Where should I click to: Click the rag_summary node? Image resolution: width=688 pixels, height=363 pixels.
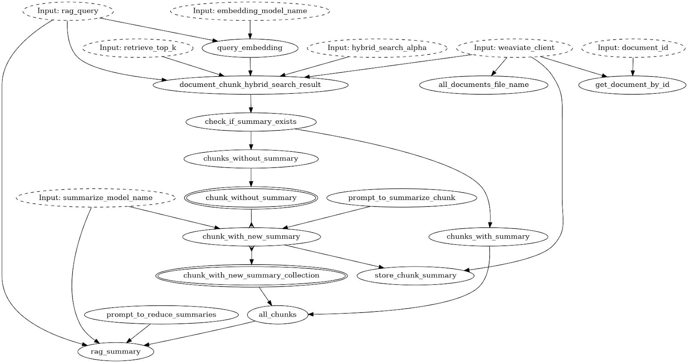tap(115, 351)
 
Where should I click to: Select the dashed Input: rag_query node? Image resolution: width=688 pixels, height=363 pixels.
tap(68, 11)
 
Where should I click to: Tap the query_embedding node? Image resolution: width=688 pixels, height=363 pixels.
tap(249, 48)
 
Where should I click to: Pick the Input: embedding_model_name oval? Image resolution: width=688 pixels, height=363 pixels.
tap(250, 11)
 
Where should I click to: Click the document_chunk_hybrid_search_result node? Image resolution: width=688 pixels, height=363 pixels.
tap(250, 85)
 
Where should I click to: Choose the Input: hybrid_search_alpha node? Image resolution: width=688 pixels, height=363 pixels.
tap(377, 48)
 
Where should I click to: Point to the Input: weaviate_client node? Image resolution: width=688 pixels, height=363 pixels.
tap(514, 48)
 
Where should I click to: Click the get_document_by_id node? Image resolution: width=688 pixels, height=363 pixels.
tap(632, 85)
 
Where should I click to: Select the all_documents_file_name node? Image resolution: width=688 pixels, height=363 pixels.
tap(483, 85)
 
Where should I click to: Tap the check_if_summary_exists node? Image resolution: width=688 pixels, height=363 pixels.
tap(251, 122)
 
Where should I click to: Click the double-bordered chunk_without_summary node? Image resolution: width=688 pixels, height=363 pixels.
tap(251, 198)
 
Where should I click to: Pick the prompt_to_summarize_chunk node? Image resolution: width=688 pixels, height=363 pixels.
tap(401, 198)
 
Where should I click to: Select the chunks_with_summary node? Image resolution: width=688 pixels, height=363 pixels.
tap(488, 237)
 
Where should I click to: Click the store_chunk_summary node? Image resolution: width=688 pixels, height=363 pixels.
tap(415, 275)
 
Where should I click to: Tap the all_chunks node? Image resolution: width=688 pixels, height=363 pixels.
tap(277, 315)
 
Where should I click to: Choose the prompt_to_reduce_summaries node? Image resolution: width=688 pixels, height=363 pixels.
tap(161, 315)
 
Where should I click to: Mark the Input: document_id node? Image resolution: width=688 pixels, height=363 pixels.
tap(633, 48)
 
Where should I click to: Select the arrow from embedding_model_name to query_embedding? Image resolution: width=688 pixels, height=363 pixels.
tap(250, 29)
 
